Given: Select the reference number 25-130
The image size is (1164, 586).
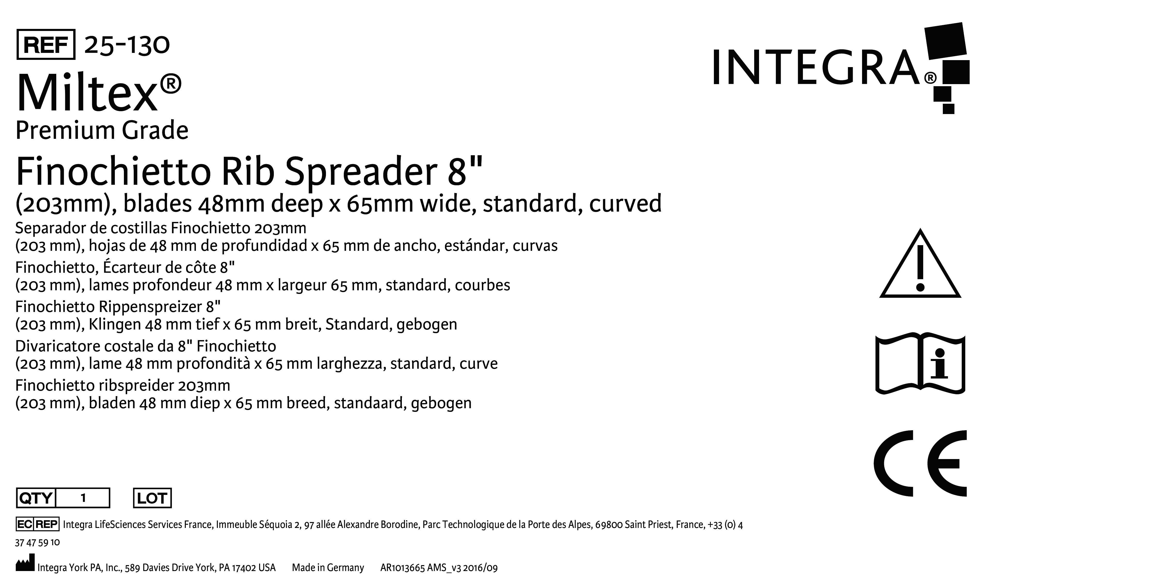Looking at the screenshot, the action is pos(127,45).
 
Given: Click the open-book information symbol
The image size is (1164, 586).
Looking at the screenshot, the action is pos(920,364).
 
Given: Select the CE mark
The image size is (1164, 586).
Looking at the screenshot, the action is pos(920,463).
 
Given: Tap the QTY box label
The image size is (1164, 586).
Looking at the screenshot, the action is pos(36,498).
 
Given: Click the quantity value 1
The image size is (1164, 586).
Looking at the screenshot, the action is pos(83,498).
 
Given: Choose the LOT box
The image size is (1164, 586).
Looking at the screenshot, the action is pos(152,498).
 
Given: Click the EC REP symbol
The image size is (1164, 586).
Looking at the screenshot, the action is pos(37,524).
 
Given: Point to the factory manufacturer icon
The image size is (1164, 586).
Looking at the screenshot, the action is pos(25,565).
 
